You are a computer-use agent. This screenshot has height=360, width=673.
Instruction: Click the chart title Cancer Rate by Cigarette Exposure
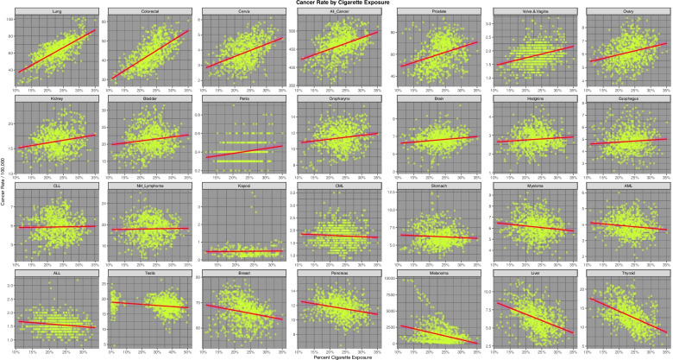coord(336,3)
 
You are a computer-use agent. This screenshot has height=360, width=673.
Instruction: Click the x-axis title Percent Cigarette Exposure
coord(336,356)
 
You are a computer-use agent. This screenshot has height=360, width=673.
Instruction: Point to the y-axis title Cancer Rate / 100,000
coord(3,180)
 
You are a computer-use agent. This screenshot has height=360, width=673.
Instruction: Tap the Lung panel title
coord(56,12)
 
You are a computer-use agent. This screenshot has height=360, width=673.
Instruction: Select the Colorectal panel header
coord(149,12)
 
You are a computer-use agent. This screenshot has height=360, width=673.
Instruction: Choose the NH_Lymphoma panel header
coord(149,185)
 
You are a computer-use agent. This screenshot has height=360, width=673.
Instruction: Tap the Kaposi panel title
coord(244,185)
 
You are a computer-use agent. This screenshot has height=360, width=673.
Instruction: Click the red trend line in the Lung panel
coord(56,51)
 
